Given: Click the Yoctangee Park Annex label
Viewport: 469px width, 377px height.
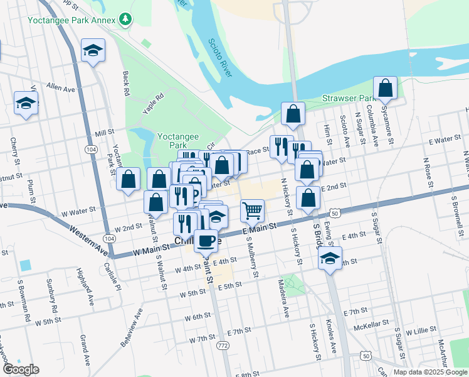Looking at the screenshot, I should tap(71, 19).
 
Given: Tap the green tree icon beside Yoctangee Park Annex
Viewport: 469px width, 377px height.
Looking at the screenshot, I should tap(126, 19).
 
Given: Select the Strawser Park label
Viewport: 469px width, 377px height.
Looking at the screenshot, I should tap(347, 98).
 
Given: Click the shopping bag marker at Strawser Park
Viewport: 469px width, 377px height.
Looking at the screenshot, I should tap(386, 89).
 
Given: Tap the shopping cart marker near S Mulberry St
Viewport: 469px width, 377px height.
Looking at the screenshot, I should tap(252, 210).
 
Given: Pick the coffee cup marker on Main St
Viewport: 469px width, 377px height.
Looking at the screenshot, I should tap(206, 239).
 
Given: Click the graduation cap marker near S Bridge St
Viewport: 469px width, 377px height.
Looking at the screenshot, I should tap(329, 258).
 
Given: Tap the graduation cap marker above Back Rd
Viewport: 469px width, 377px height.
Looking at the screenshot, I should tap(93, 50).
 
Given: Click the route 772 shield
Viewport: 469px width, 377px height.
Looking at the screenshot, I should tap(221, 345).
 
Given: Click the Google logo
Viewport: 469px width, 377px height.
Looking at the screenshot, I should tap(20, 369).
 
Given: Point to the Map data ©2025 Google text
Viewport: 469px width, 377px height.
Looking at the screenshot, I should tap(429, 372).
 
